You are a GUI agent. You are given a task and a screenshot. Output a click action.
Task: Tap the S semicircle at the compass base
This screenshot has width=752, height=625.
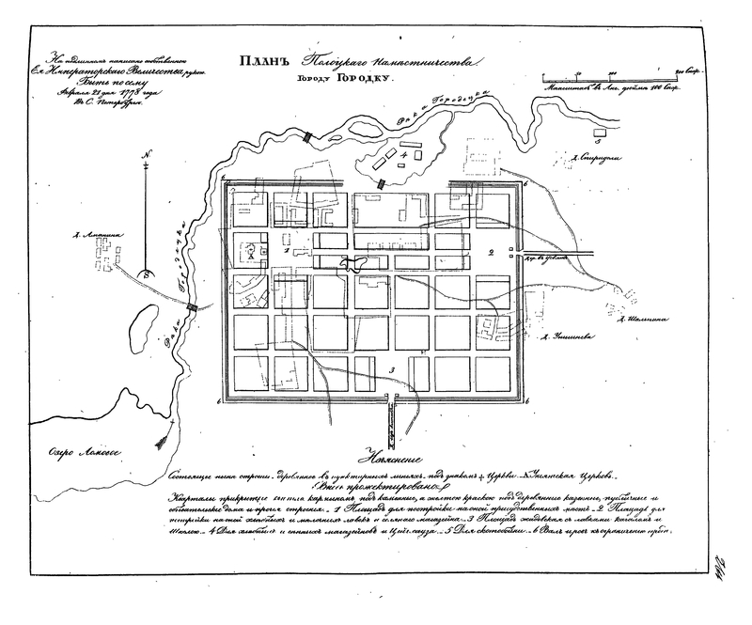tap(146, 273)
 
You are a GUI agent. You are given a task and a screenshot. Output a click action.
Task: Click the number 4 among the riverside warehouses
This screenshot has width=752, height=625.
tap(404, 152)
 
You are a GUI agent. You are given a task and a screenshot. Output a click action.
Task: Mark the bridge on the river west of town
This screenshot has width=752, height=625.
tap(193, 307)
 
